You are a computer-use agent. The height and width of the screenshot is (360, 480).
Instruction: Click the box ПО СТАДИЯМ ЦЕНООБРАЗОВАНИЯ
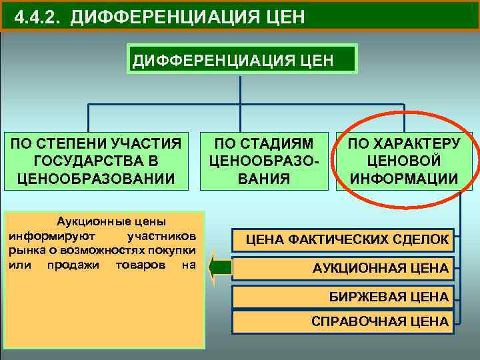pos(269,160)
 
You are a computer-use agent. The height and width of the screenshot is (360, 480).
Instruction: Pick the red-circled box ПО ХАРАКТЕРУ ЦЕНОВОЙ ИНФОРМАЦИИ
pos(404,160)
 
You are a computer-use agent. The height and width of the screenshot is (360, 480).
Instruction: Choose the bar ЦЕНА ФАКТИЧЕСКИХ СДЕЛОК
pos(342,239)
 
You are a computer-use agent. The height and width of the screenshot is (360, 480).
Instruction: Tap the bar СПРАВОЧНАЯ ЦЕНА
pos(342,321)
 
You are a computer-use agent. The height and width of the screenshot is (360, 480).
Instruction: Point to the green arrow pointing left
pos(219,267)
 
